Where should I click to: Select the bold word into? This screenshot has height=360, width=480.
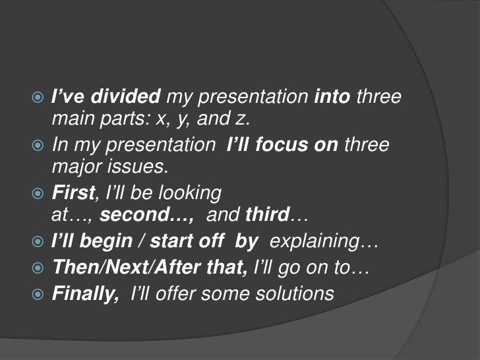coord(332,98)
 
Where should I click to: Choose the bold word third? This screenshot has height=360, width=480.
coord(267,216)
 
